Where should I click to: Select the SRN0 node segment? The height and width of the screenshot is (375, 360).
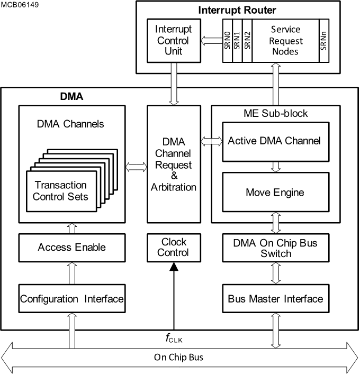[x=227, y=40]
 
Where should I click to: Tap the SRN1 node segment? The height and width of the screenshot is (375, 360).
[x=237, y=40]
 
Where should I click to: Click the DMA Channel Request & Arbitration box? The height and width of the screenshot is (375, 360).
[x=174, y=164]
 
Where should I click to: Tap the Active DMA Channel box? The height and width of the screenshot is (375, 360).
[x=274, y=141]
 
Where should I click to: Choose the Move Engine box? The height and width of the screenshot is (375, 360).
[x=274, y=192]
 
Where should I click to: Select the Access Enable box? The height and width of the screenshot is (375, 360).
[x=71, y=247]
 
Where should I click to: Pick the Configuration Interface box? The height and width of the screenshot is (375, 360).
[x=71, y=299]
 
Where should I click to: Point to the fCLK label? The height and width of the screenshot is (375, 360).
[x=174, y=337]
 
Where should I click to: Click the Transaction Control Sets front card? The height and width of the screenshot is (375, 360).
[x=61, y=191]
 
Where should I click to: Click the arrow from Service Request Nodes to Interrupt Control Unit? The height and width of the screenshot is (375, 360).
[x=212, y=40]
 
